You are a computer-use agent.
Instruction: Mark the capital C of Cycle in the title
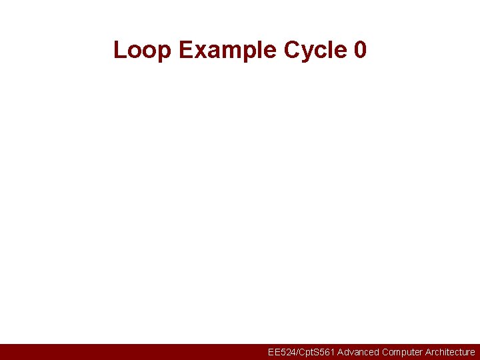pyautogui.click(x=292, y=50)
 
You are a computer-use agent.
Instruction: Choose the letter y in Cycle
pyautogui.click(x=309, y=51)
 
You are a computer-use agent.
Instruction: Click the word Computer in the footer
pyautogui.click(x=402, y=352)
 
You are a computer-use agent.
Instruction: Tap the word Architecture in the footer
pyautogui.click(x=450, y=352)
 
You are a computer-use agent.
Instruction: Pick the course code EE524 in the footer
pyautogui.click(x=281, y=352)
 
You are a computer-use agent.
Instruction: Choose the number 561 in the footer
pyautogui.click(x=325, y=352)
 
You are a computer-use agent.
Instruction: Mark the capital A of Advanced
pyautogui.click(x=341, y=352)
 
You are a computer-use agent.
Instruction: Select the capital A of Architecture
pyautogui.click(x=428, y=352)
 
